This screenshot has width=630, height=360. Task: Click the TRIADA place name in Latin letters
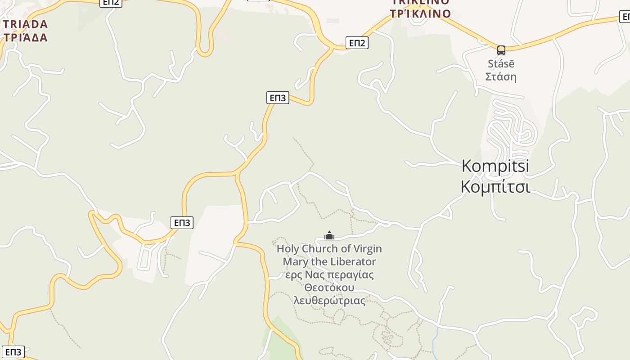coord(25,24)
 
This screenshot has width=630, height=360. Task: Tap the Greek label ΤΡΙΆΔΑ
coord(25,37)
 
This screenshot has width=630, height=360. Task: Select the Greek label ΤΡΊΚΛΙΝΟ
coord(420,14)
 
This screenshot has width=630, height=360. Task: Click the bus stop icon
coord(501,50)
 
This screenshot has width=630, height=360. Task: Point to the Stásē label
coord(501,64)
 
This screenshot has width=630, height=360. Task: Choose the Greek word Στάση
coord(501,76)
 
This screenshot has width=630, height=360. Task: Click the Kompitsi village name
coord(495,166)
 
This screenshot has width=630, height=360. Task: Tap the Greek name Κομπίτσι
coord(495,186)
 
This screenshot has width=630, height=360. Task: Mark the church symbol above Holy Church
coord(329,235)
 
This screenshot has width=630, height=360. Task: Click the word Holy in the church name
coord(288,249)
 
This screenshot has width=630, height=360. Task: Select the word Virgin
coord(367,249)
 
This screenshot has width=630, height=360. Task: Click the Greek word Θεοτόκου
coord(329,288)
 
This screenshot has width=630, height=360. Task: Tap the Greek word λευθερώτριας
coord(329,301)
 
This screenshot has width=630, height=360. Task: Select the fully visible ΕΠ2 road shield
coord(357,43)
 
